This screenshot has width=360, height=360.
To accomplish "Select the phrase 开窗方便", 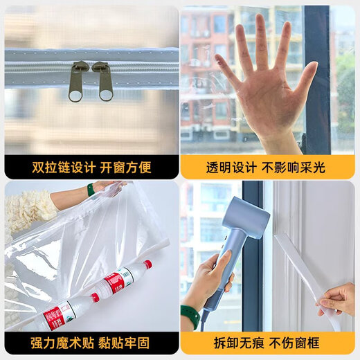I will (126, 168).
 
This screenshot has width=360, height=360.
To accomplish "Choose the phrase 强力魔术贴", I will (60, 343).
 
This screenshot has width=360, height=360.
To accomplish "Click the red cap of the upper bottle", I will (147, 264).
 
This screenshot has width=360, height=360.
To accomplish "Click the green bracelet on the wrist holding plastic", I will (91, 189).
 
